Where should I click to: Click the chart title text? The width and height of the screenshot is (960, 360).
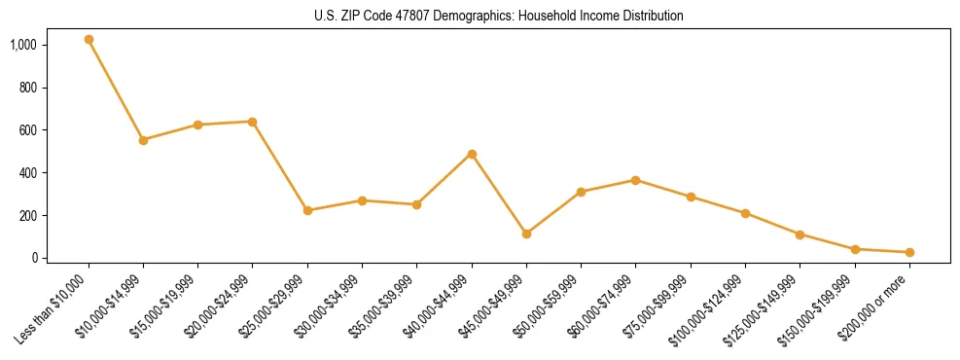tap(499, 17)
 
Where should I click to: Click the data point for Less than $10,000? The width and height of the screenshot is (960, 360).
tap(89, 40)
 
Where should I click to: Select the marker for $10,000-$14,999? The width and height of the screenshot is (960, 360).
tap(143, 140)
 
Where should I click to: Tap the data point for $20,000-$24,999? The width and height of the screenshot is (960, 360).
tap(253, 122)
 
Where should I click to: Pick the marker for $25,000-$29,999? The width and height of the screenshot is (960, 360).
tap(307, 210)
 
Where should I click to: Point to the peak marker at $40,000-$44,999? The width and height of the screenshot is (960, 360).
tap(472, 154)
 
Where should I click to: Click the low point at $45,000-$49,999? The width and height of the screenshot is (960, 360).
tap(526, 234)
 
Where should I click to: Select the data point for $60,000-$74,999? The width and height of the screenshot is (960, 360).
tap(635, 180)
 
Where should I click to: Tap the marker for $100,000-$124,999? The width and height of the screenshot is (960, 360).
tap(745, 213)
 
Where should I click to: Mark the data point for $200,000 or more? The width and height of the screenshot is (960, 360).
tap(909, 252)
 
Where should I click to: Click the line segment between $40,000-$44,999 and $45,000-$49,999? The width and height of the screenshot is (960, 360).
tap(499, 194)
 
